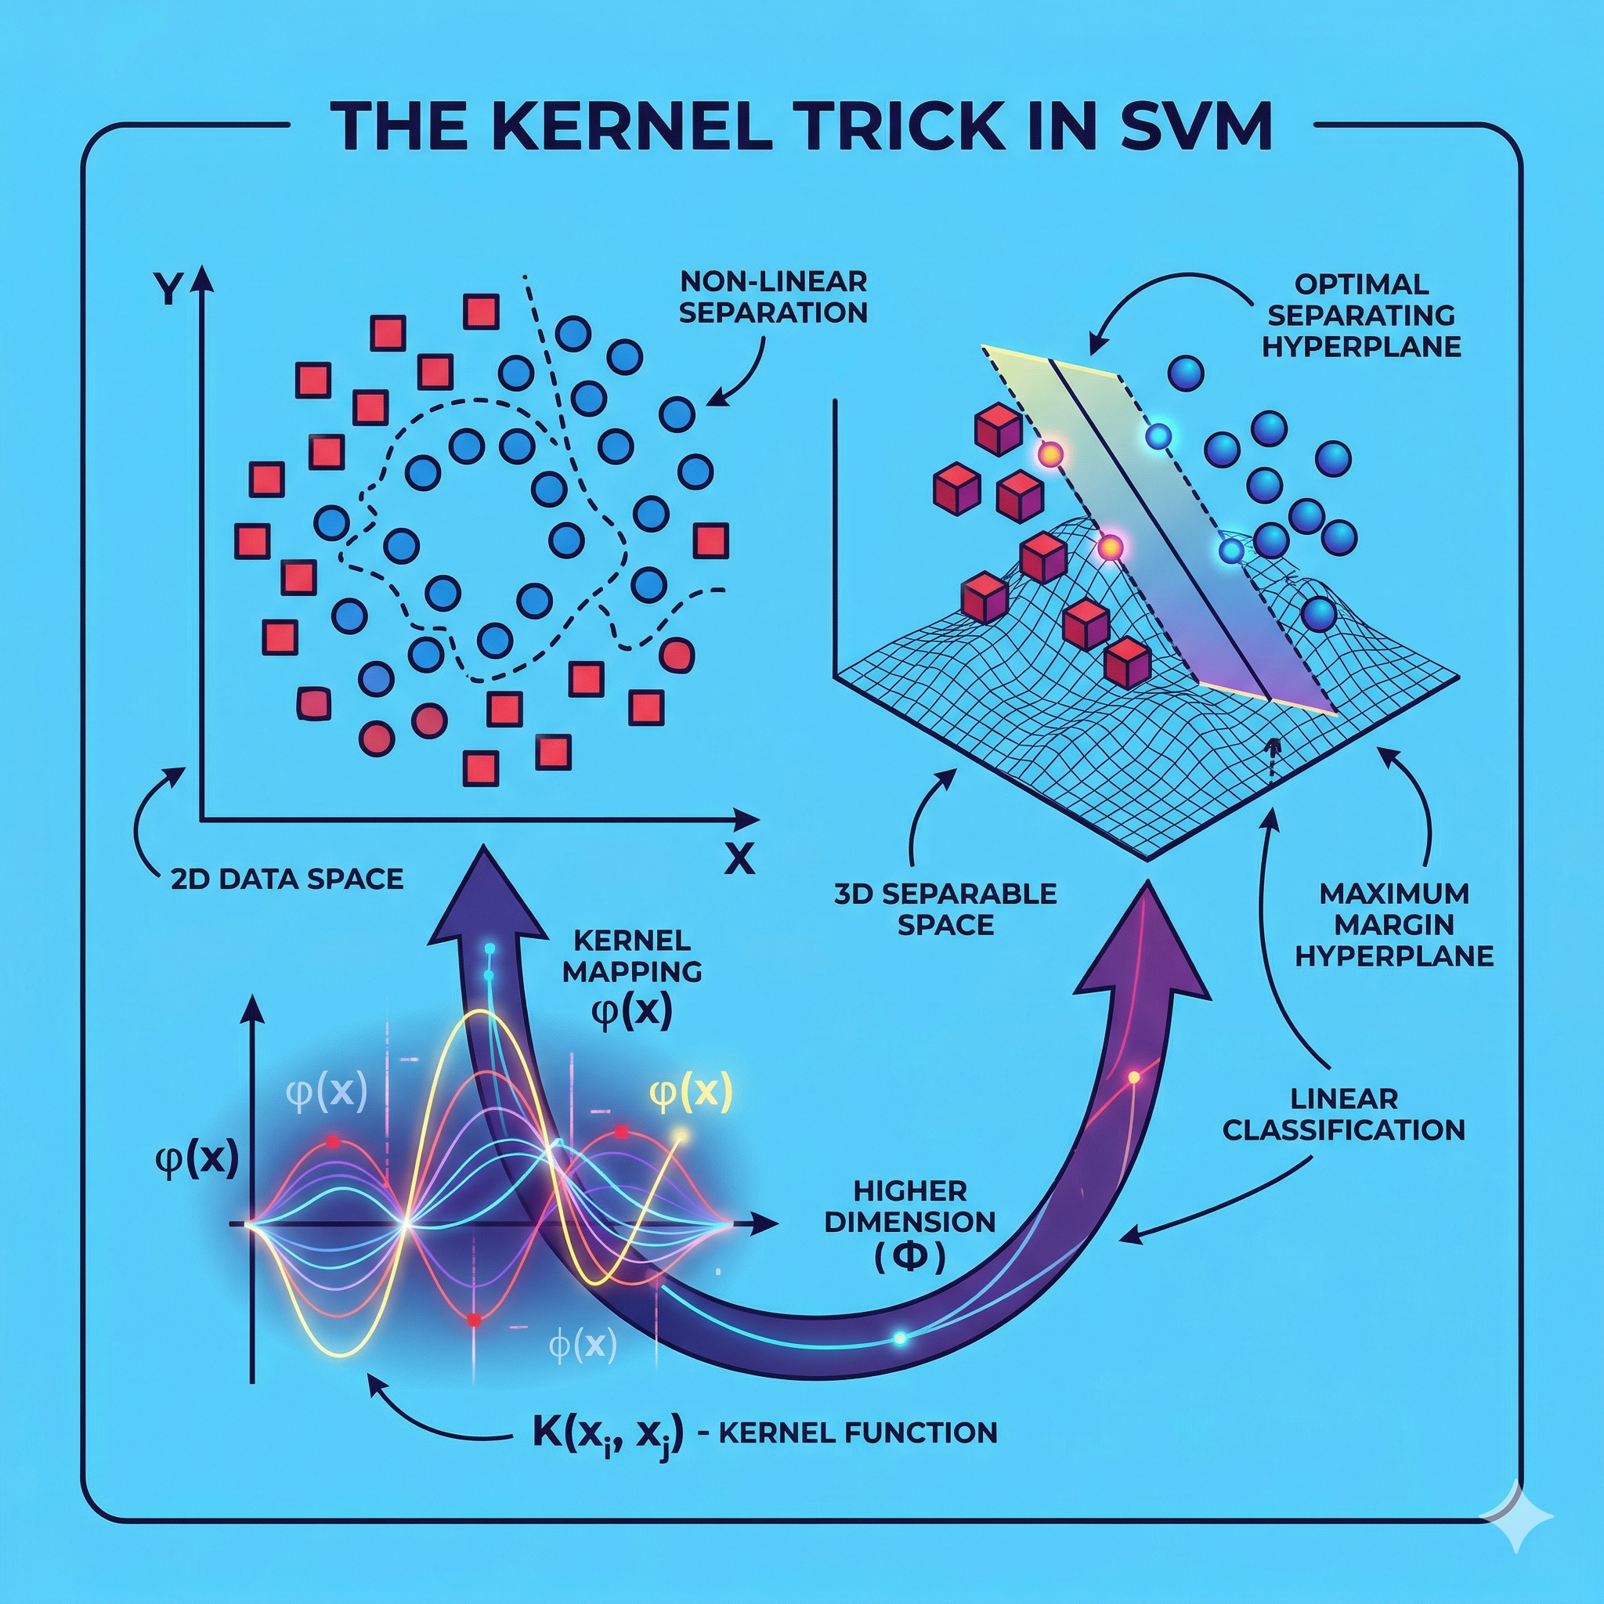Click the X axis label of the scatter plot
click(x=739, y=861)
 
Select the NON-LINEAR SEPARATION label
click(x=773, y=297)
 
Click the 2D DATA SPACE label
click(x=287, y=879)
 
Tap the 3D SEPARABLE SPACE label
click(x=945, y=909)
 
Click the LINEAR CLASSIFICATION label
click(x=1344, y=1114)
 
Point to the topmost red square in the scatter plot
click(x=481, y=312)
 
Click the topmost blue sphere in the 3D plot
click(x=1185, y=373)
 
